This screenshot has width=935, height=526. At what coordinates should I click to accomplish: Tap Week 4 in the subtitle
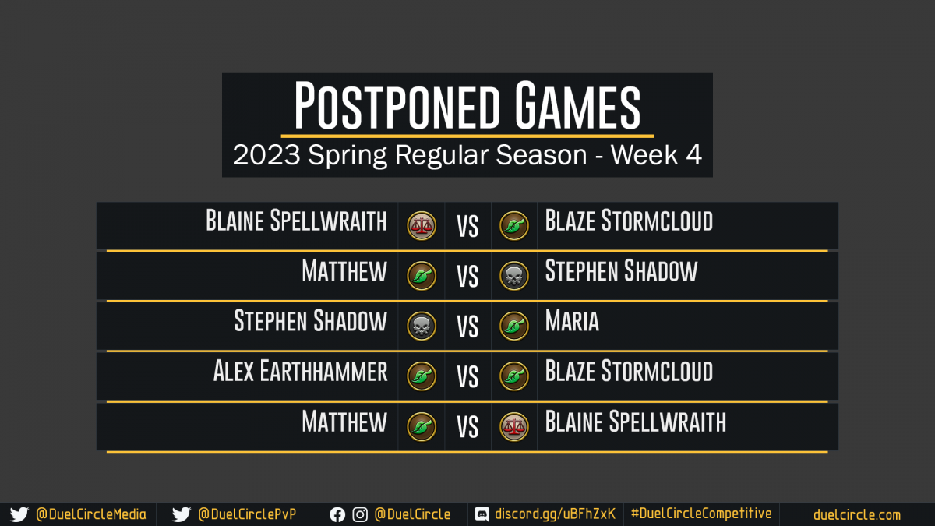[x=656, y=155]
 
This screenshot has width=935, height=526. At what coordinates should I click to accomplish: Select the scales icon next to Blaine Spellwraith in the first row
[x=422, y=226]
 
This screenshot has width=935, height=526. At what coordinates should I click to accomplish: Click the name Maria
[x=572, y=320]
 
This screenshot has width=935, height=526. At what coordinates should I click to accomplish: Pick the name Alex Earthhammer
[x=301, y=371]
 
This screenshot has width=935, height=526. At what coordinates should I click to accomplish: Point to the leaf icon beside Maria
[x=513, y=326]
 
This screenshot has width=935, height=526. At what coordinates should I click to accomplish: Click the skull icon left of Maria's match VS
[x=422, y=326]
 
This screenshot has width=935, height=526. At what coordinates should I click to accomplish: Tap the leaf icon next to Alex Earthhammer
[x=422, y=376]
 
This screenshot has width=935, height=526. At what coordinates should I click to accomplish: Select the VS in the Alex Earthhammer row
[x=467, y=377]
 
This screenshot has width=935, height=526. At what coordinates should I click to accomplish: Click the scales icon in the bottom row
[x=513, y=427]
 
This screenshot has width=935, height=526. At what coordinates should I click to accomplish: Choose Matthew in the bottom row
[x=344, y=422]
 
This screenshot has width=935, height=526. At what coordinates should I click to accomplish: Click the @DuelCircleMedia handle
[x=91, y=514]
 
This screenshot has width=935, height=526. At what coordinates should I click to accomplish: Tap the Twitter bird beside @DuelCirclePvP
[x=181, y=514]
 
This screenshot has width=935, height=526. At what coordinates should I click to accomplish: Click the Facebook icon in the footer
[x=337, y=515]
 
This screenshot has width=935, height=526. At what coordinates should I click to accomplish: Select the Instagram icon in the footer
[x=360, y=515]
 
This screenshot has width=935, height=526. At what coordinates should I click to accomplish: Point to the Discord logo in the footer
[x=482, y=514]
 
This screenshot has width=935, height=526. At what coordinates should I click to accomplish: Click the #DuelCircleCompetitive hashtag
[x=701, y=514]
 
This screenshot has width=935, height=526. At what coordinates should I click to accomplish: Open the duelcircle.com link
[x=857, y=515]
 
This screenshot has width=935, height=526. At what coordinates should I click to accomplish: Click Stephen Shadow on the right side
[x=621, y=270]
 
